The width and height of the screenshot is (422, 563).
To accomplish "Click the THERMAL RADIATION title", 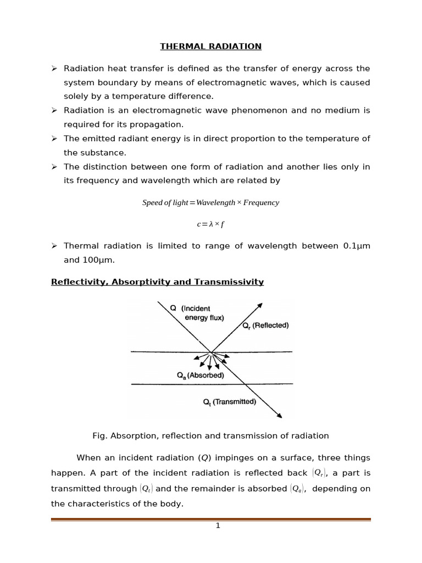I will tap(210, 46).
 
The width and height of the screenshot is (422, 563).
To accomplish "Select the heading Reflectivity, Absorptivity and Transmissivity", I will tap(157, 282).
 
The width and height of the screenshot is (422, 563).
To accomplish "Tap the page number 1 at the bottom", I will tap(218, 526).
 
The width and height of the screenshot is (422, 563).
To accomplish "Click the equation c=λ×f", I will tap(210, 224).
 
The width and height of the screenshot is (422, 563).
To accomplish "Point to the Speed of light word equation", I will tap(210, 202).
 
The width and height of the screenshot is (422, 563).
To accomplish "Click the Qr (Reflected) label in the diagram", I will tap(265, 325).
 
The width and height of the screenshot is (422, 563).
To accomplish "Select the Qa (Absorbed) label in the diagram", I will tap(200, 376).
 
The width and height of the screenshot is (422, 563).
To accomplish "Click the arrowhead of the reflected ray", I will tap(260, 305).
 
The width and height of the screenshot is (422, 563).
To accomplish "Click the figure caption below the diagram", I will tap(210, 436).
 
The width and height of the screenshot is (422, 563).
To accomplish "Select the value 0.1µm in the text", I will tap(357, 246).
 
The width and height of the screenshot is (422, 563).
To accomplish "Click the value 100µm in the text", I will tap(99, 260).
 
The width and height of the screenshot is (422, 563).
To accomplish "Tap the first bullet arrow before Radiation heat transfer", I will tap(54, 68).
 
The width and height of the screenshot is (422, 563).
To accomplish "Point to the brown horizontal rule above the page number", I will tap(210, 519).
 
